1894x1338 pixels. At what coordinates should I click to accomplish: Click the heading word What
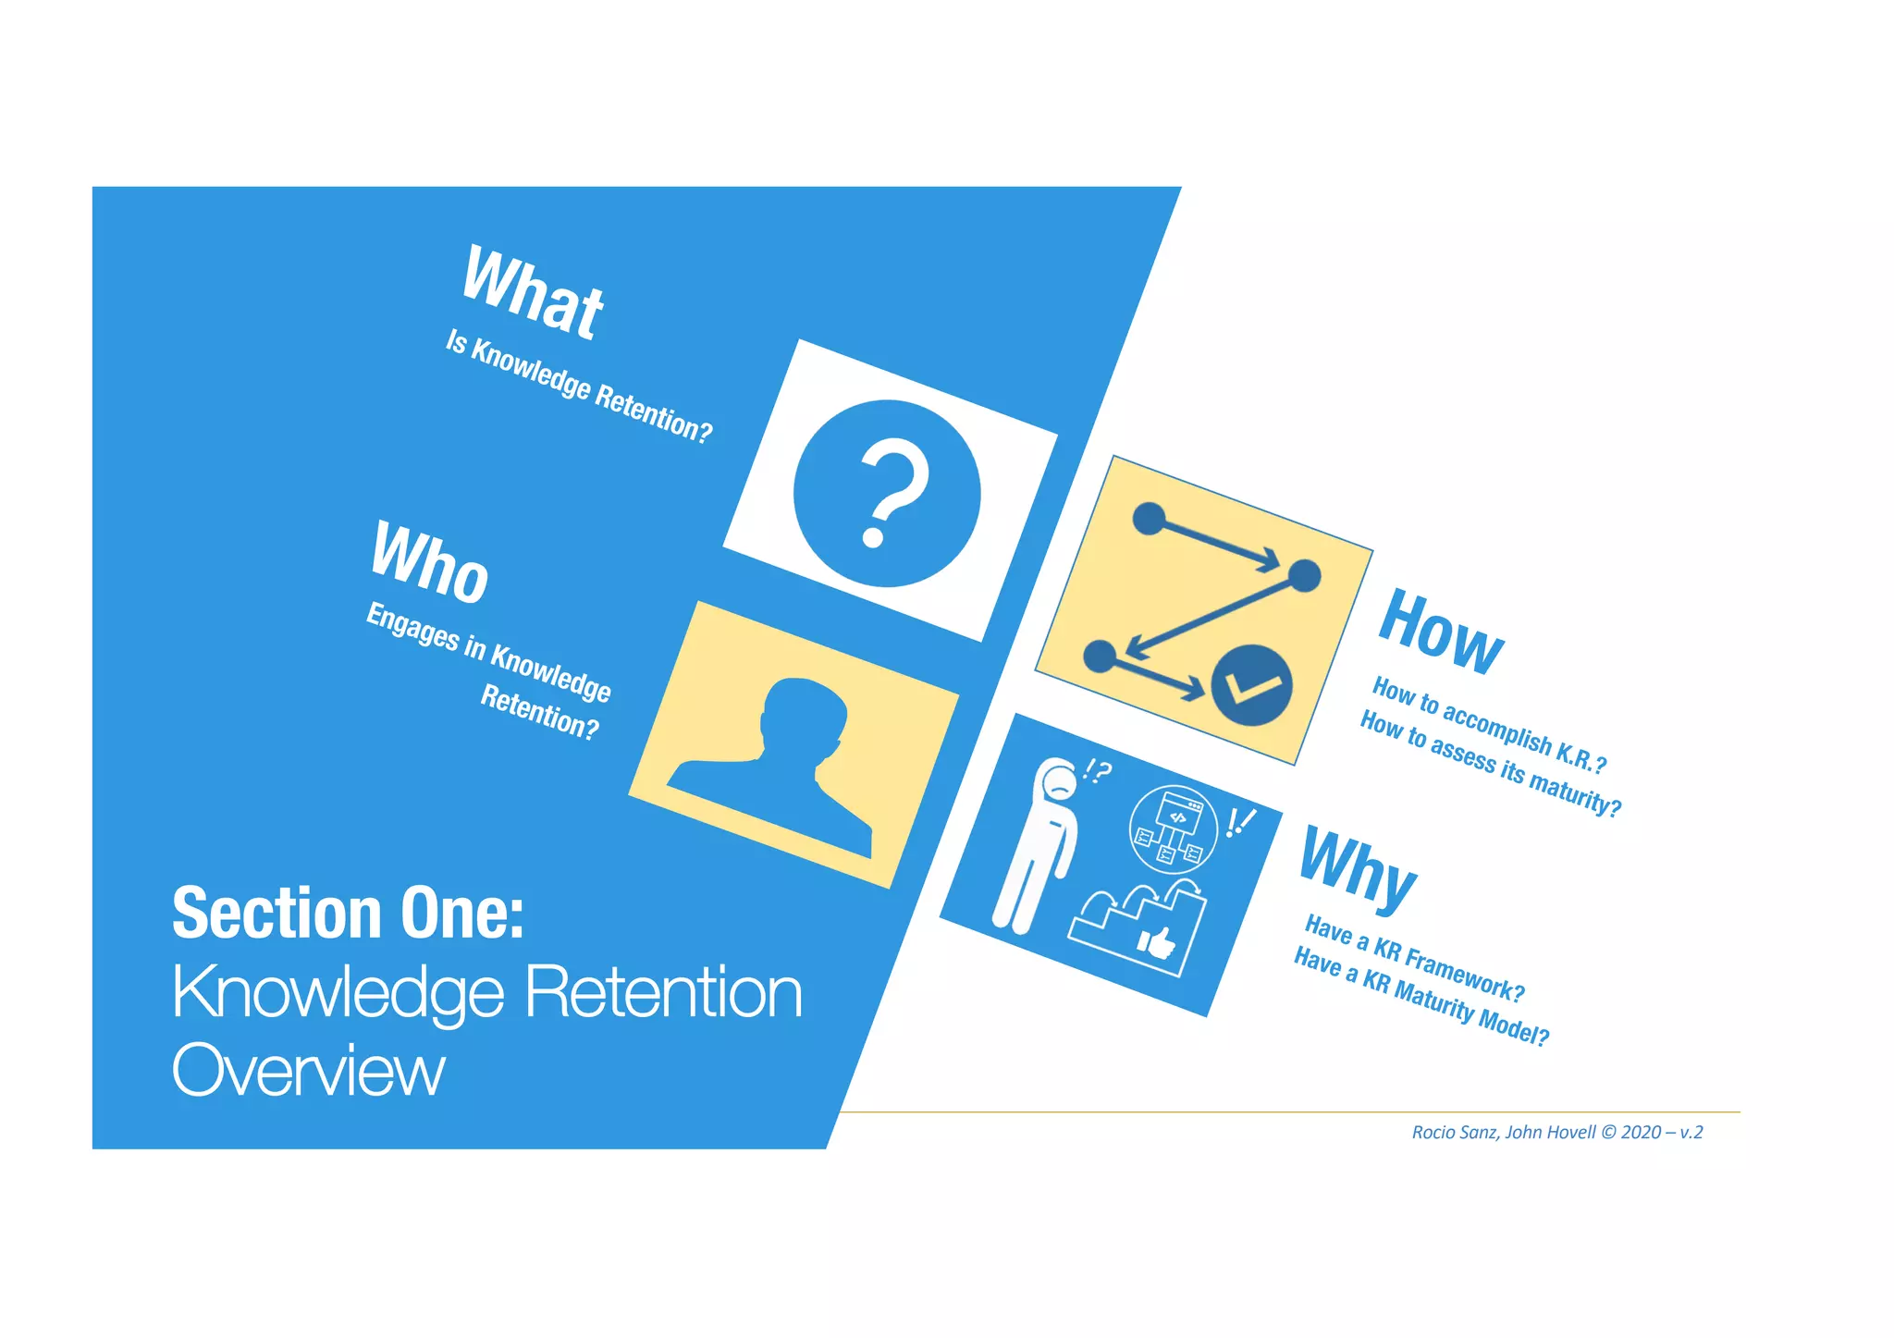click(532, 292)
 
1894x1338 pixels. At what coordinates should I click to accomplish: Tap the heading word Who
click(429, 562)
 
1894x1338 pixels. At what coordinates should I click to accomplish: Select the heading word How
click(1440, 632)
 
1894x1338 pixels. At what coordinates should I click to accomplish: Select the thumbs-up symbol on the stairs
click(1156, 943)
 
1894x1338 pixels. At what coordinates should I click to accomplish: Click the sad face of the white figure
click(1060, 786)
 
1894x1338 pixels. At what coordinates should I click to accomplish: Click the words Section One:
click(348, 914)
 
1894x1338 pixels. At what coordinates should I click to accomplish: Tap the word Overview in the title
click(308, 1071)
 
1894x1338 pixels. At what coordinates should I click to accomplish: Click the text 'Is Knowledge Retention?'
click(579, 387)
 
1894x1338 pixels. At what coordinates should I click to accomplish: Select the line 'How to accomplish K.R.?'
click(1489, 725)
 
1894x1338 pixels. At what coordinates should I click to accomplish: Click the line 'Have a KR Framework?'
click(1414, 957)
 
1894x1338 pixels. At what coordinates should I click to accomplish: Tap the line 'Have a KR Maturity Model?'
click(1420, 997)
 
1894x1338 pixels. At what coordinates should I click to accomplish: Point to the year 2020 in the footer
click(1641, 1133)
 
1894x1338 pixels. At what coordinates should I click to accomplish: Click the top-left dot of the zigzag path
click(1149, 519)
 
